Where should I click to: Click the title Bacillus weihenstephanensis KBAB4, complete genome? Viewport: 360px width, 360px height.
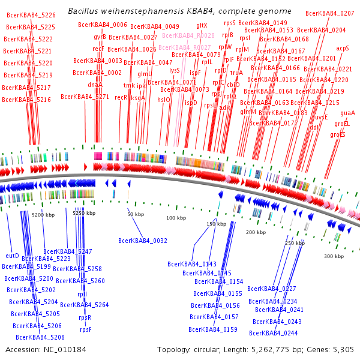click(x=179, y=11)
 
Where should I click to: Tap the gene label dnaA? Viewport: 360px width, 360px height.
click(x=95, y=85)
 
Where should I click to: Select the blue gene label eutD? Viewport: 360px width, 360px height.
click(x=12, y=256)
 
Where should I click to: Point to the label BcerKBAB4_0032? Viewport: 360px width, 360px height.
click(x=143, y=241)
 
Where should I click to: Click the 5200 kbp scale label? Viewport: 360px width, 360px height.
click(x=43, y=214)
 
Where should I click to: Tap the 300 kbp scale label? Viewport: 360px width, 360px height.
click(x=334, y=256)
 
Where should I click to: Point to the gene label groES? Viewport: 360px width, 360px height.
click(x=338, y=134)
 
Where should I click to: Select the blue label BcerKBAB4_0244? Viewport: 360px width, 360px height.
click(x=274, y=333)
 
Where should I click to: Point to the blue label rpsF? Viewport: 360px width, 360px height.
click(x=86, y=329)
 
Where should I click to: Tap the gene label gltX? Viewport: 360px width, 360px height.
click(x=202, y=25)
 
